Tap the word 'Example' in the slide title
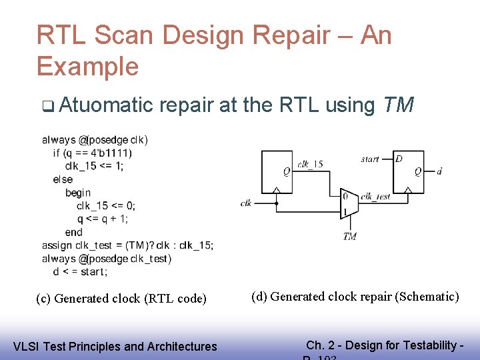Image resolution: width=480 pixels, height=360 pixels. [87, 67]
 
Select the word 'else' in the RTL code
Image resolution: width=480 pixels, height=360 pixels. [63, 179]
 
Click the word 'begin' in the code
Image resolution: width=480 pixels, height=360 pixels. [78, 193]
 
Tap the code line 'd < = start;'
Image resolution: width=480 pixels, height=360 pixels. [80, 271]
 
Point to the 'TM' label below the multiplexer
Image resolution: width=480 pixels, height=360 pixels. [349, 237]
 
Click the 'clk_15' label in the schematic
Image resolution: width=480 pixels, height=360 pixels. [310, 164]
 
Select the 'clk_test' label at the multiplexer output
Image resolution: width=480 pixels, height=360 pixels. [375, 197]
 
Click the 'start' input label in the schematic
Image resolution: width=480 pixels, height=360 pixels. [370, 159]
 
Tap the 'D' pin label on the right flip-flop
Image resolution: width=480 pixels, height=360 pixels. [399, 159]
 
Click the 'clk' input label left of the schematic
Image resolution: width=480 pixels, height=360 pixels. [246, 203]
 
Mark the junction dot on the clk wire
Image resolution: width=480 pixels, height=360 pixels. [276, 203]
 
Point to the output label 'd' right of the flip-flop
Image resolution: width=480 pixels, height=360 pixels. [439, 171]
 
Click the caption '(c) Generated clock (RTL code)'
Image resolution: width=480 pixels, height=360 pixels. [121, 299]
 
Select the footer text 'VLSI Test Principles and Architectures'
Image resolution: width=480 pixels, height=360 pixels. [115, 346]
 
